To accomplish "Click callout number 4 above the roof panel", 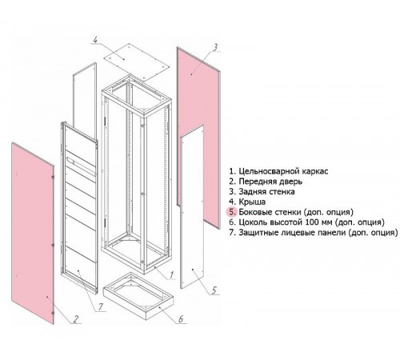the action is pyautogui.click(x=96, y=39).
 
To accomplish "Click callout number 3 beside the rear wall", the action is pyautogui.click(x=215, y=47).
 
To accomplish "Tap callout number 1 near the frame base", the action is pyautogui.click(x=172, y=275).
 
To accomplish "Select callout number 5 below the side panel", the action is pyautogui.click(x=214, y=290).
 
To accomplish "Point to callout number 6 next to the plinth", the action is pyautogui.click(x=181, y=319).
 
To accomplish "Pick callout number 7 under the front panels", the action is pyautogui.click(x=101, y=307).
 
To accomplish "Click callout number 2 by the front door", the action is pyautogui.click(x=76, y=319).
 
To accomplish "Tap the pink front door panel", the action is pyautogui.click(x=33, y=233).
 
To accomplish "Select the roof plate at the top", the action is pyautogui.click(x=136, y=62).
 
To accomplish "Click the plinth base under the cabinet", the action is pyautogui.click(x=138, y=295).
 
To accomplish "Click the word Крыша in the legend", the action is pyautogui.click(x=252, y=202).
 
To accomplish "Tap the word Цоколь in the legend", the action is pyautogui.click(x=253, y=222).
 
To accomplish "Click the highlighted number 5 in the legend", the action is pyautogui.click(x=232, y=212).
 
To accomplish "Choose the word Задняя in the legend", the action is pyautogui.click(x=251, y=192).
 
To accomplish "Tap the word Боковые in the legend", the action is pyautogui.click(x=254, y=212).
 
